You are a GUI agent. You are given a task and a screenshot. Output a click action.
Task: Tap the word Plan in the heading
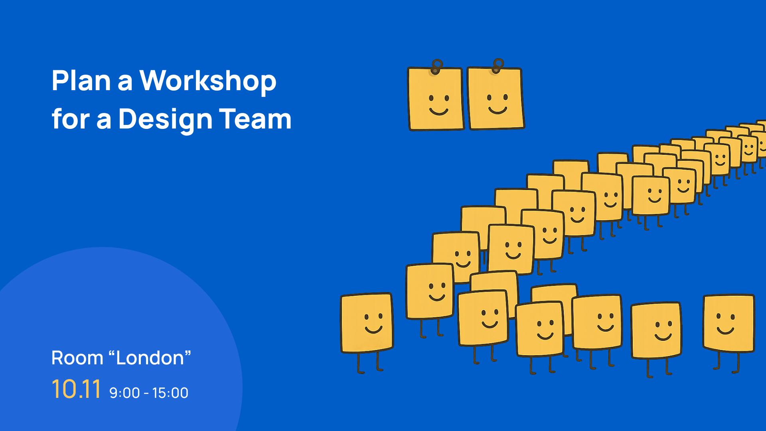pos(81,81)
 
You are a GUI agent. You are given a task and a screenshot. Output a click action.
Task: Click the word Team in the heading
pos(255,119)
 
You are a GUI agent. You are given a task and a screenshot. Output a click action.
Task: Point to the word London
pos(150,358)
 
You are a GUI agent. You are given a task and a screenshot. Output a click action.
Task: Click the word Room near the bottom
pos(77,358)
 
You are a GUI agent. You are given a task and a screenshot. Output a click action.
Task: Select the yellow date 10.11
pos(76,389)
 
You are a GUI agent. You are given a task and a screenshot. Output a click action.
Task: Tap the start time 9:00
pos(124,393)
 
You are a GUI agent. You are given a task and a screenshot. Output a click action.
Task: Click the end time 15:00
pos(170,393)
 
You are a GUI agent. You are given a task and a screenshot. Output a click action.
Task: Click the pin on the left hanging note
pos(437,67)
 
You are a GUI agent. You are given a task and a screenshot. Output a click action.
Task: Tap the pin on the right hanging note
pos(498,65)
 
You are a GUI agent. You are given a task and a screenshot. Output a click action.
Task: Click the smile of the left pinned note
pos(438,111)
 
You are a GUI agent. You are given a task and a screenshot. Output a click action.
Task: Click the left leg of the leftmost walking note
pos(359,363)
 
